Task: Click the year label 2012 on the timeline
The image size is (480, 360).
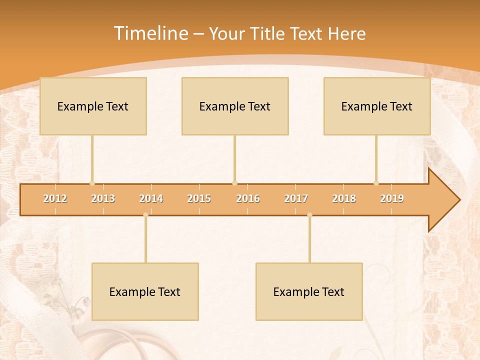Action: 55,198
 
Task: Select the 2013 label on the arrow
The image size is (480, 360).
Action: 103,198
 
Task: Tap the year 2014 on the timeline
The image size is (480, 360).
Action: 151,198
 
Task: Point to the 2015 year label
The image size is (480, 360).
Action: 199,198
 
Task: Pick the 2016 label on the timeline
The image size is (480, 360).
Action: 248,198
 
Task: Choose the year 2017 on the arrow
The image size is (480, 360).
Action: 296,198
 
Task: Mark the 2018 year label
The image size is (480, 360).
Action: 344,198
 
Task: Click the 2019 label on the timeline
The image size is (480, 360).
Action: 392,198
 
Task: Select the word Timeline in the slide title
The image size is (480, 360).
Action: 150,33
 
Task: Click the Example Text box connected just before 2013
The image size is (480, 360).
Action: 93,106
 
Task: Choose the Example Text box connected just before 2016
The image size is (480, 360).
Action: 235,106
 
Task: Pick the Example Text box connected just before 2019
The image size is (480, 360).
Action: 377,106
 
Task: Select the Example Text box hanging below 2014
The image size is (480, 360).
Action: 145,291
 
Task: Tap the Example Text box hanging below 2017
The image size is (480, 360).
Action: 309,291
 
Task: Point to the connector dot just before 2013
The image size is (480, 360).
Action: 92,183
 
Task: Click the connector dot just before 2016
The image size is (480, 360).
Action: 235,183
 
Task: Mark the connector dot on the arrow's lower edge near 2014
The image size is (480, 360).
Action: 145,215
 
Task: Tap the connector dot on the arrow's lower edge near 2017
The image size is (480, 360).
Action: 309,215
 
